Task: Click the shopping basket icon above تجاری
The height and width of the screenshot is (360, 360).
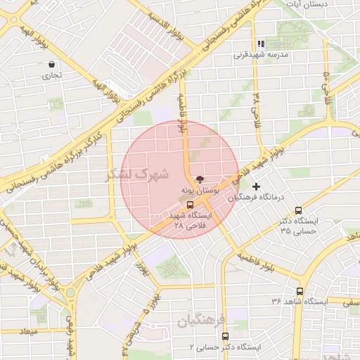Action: [52, 64]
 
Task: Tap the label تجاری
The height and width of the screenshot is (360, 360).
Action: [52, 75]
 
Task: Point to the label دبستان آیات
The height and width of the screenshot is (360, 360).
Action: [304, 4]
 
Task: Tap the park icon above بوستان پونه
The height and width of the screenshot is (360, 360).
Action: [200, 180]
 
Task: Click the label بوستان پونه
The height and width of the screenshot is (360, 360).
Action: [200, 191]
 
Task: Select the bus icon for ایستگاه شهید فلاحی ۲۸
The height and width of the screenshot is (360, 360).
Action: [191, 205]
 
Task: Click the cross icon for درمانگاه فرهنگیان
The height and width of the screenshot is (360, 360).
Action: [256, 187]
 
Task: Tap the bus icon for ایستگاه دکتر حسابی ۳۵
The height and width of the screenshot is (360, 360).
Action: [299, 210]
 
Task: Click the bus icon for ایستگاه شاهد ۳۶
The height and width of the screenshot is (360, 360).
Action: [300, 291]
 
